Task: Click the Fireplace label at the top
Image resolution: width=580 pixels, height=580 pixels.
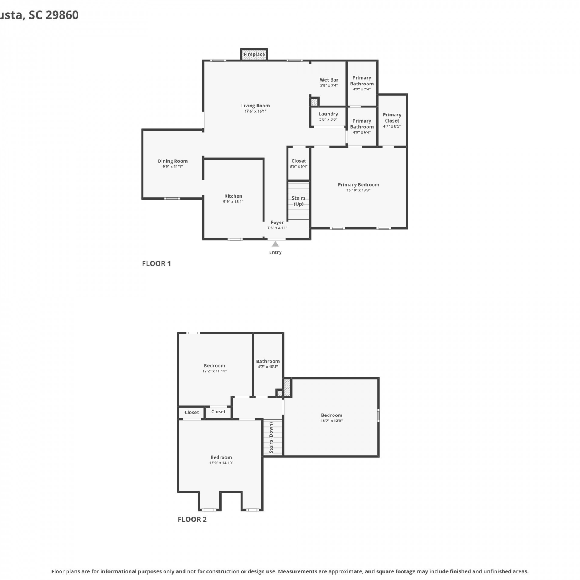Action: pyautogui.click(x=254, y=55)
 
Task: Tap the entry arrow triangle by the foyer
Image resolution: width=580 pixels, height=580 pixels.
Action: pyautogui.click(x=275, y=244)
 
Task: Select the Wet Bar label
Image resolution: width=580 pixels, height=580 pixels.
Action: pyautogui.click(x=329, y=80)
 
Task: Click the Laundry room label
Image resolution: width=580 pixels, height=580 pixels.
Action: pyautogui.click(x=328, y=114)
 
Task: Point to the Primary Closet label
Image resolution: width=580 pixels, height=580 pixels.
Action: pyautogui.click(x=392, y=118)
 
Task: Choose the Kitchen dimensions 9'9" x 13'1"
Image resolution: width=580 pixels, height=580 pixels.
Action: pyautogui.click(x=233, y=201)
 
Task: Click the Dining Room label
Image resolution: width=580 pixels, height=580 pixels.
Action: pyautogui.click(x=172, y=161)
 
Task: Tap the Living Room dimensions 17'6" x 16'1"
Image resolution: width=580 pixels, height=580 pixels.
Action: pyautogui.click(x=255, y=111)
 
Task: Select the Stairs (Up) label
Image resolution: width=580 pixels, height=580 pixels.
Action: pyautogui.click(x=299, y=201)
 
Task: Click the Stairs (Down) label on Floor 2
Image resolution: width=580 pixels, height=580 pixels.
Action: pyautogui.click(x=271, y=438)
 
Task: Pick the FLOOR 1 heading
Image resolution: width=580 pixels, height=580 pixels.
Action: pyautogui.click(x=156, y=264)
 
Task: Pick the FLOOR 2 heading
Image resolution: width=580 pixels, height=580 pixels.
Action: pyautogui.click(x=192, y=519)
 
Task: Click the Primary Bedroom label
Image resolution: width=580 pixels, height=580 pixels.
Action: pyautogui.click(x=358, y=185)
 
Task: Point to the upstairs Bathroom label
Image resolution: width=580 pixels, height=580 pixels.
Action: pyautogui.click(x=268, y=361)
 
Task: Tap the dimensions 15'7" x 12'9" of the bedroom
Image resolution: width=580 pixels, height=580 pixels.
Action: pyautogui.click(x=332, y=421)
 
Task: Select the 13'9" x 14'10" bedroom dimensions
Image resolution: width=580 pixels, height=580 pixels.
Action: pyautogui.click(x=221, y=463)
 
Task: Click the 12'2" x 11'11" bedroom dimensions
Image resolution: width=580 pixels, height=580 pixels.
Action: pyautogui.click(x=215, y=371)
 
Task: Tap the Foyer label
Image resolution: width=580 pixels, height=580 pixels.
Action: pyautogui.click(x=277, y=222)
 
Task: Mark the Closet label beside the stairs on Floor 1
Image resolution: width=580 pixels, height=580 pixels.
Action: pyautogui.click(x=299, y=161)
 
